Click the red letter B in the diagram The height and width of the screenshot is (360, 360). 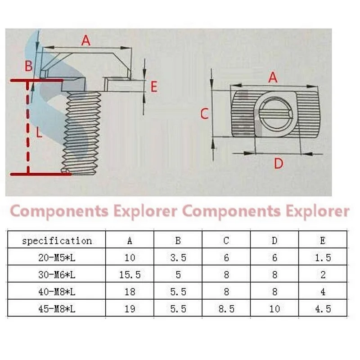(29, 66)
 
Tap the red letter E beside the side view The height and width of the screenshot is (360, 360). (154, 87)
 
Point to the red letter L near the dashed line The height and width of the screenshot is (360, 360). (39, 132)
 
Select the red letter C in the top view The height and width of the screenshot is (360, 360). (204, 114)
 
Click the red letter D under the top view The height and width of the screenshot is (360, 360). (279, 163)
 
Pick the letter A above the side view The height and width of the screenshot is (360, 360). (86, 40)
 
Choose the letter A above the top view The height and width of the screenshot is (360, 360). (273, 77)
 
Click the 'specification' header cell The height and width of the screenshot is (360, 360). (57, 241)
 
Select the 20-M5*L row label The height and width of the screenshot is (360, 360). (57, 258)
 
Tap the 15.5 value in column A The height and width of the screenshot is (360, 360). (130, 275)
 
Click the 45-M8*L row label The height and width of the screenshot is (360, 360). (57, 309)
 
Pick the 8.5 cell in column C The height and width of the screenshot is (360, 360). (226, 309)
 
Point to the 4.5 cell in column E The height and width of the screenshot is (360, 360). (323, 309)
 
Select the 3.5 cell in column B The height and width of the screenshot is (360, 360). (178, 258)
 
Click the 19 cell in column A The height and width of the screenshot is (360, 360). (130, 309)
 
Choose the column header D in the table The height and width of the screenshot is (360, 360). (274, 241)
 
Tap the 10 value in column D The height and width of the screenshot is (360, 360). (274, 309)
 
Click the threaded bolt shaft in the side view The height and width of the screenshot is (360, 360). (81, 133)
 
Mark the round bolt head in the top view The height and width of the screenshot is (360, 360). (276, 113)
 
